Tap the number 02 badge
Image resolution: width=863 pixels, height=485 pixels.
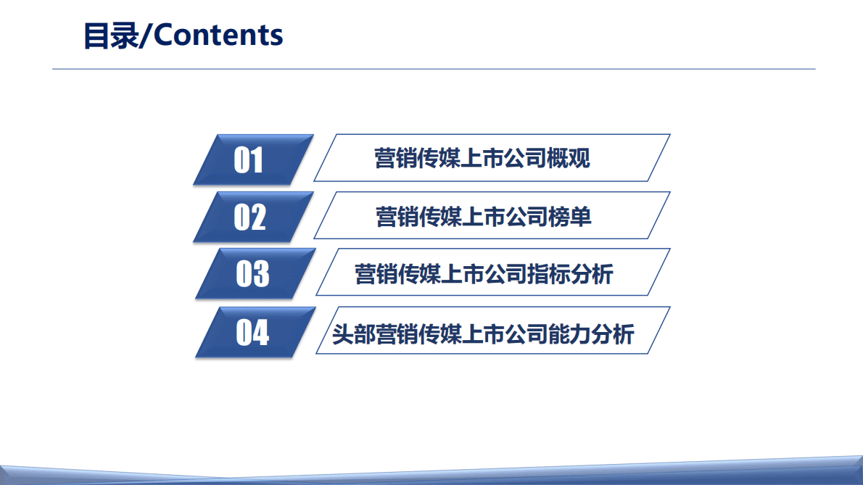250,217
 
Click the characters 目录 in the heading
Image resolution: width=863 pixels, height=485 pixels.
110,35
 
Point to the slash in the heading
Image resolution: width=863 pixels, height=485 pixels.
146,35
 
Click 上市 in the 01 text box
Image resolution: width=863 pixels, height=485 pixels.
482,158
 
